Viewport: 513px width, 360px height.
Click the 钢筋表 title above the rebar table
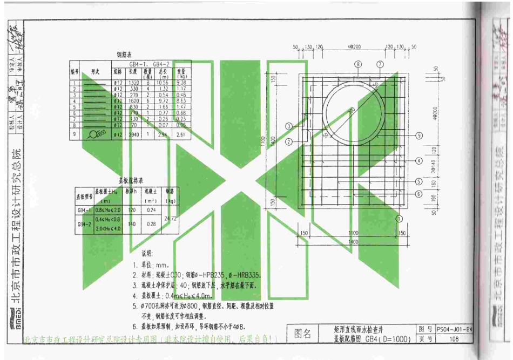[126, 55]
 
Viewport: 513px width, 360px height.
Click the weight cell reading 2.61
[181, 134]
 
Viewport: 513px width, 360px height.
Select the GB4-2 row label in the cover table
[85, 223]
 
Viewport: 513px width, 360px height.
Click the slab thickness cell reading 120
[133, 210]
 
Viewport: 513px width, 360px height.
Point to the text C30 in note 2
[175, 274]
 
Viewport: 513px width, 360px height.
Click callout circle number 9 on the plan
[418, 135]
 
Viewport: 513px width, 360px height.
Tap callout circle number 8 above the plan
[357, 64]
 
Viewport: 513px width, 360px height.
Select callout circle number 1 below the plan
[400, 219]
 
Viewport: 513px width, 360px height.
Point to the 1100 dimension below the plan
[354, 233]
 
